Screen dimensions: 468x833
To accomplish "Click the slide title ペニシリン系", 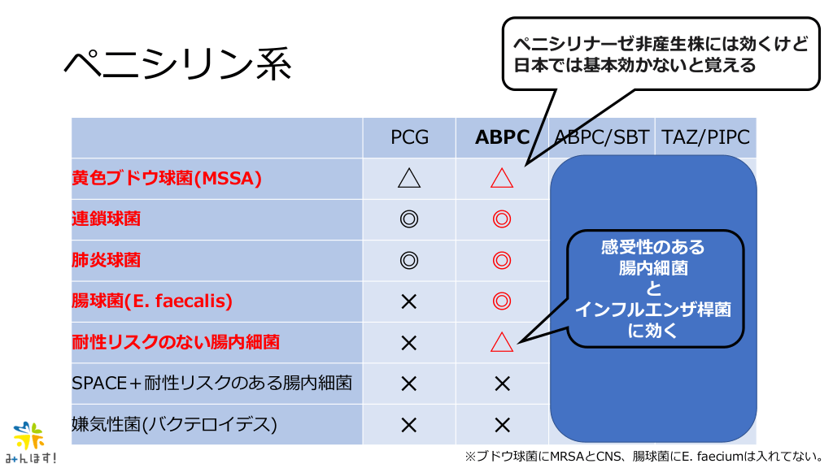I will click(177, 64).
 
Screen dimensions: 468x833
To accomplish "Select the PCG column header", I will click(409, 137).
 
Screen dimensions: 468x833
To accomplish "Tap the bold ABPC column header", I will click(502, 137).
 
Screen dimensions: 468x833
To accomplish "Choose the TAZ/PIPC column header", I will click(705, 137).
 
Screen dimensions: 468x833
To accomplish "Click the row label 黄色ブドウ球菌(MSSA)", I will click(167, 179).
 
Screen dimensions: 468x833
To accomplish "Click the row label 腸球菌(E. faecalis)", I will click(152, 301).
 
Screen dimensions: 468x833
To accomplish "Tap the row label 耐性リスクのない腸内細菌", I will click(176, 342).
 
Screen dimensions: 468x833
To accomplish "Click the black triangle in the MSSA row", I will click(409, 179).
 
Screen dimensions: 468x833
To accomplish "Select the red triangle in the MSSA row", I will click(502, 179).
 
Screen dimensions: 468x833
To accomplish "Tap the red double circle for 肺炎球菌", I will click(502, 260).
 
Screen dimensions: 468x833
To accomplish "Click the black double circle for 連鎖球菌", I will click(409, 219).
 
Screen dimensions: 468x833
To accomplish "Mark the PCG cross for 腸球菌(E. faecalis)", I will click(409, 301).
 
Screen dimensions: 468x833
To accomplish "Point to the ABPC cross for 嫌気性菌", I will click(502, 424).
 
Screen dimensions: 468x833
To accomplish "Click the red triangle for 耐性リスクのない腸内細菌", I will click(502, 342).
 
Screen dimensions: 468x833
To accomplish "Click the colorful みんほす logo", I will click(31, 443).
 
